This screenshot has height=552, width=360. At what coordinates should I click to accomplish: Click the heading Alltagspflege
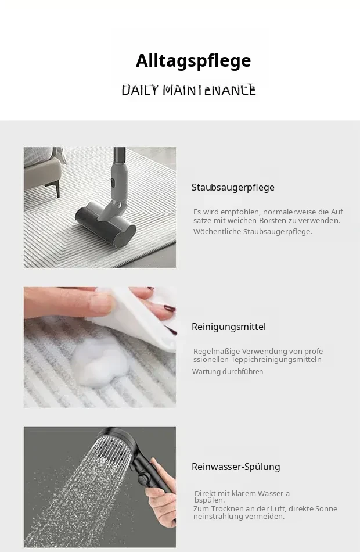193,61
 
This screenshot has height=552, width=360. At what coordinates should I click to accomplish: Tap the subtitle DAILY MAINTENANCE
189,90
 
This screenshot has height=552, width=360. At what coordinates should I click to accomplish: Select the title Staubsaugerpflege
233,187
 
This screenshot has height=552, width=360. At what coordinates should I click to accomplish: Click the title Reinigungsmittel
229,327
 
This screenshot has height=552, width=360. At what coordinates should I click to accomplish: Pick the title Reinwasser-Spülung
236,467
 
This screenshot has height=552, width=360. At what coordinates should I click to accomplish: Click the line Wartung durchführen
228,372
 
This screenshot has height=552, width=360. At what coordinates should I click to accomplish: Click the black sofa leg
57,189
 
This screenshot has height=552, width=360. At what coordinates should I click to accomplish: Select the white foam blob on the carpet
100,363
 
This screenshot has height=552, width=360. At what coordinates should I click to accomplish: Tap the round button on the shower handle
142,479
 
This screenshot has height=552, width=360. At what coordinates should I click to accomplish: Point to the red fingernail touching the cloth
170,309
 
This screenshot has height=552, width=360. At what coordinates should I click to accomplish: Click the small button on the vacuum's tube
113,182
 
